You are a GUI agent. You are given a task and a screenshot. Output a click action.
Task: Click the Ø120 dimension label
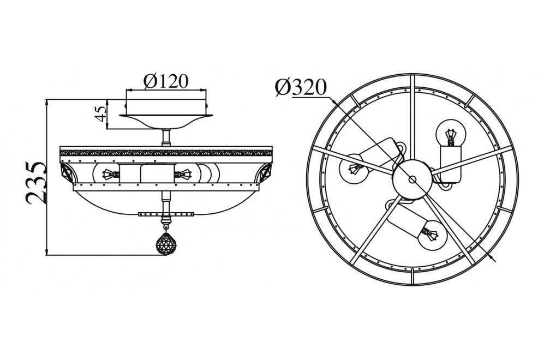166,81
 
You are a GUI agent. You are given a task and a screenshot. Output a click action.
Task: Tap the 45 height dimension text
101,113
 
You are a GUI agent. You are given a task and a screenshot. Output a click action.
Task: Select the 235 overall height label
36,182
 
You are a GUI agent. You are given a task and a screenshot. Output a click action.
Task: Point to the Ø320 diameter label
301,87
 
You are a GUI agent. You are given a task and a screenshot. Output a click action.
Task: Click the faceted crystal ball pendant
166,243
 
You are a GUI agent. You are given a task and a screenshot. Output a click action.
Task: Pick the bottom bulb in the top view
432,235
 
